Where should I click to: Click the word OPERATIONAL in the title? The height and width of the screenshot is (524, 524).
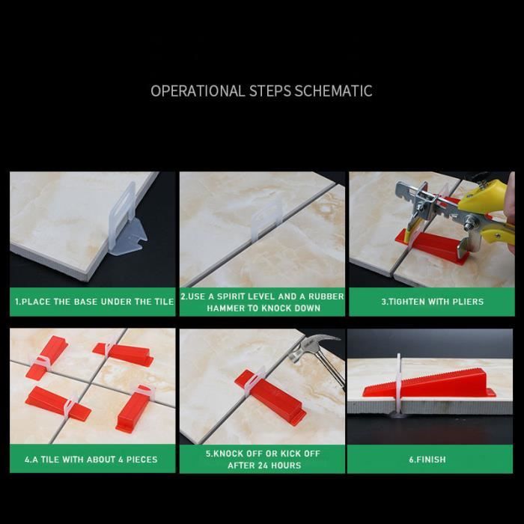[x=198, y=91]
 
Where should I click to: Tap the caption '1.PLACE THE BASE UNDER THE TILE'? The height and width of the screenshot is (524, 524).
[x=94, y=302]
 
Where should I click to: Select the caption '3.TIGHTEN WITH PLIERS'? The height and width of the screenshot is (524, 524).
[x=433, y=302]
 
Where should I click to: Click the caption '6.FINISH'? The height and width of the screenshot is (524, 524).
[x=427, y=460]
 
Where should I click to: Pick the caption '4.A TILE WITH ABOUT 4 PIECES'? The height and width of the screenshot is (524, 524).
[x=91, y=460]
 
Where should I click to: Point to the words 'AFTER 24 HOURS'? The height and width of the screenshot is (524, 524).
[x=264, y=465]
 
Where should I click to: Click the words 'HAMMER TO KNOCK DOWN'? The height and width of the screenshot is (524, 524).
[x=263, y=308]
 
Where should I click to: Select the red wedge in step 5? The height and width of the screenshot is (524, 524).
[x=270, y=397]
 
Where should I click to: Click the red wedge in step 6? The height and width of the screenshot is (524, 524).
[x=430, y=383]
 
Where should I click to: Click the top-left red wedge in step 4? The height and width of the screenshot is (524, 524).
[x=46, y=358]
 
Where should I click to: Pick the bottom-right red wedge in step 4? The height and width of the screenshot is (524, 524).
[x=132, y=409]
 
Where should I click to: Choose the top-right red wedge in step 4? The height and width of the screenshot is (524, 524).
[x=123, y=354]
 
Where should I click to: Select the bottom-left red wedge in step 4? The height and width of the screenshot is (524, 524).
[x=58, y=403]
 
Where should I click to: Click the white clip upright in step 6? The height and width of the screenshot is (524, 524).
[x=398, y=384]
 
